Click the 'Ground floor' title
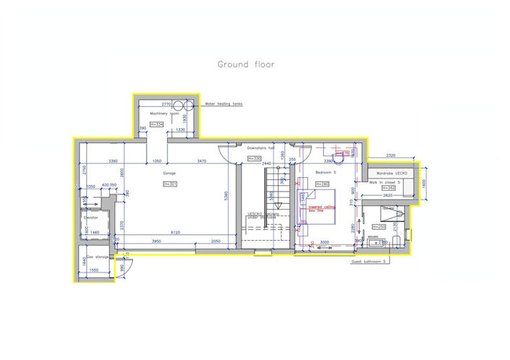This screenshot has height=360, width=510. click(246, 64)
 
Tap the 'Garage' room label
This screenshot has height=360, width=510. click(169, 173)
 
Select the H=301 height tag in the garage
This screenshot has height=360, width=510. click(170, 184)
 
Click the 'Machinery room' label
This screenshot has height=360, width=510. click(163, 114)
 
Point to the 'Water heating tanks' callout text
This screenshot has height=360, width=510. click(224, 104)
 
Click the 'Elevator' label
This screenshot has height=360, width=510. click(91, 216)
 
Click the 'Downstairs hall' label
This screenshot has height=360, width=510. click(262, 148)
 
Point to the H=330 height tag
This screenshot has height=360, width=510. click(253, 158)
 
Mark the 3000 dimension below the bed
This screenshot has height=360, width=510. click(325, 242)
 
